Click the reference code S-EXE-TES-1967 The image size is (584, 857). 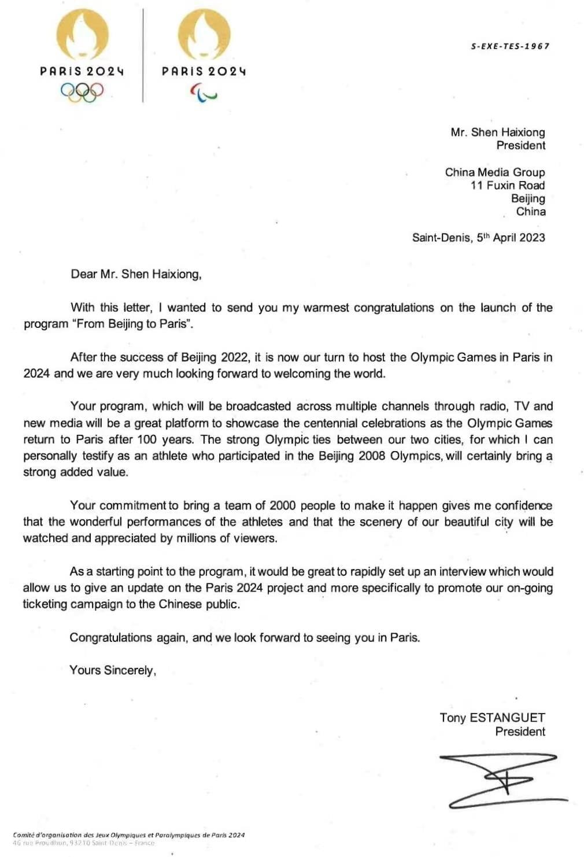(510, 46)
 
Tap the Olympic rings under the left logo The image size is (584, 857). (82, 91)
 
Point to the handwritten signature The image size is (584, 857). (501, 780)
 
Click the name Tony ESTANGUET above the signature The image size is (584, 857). (492, 718)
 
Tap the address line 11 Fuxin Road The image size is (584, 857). (507, 185)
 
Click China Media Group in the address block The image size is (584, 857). (495, 172)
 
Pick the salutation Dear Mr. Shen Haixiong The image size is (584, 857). (136, 274)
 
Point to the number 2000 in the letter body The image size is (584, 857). (283, 505)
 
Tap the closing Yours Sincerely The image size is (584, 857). (113, 670)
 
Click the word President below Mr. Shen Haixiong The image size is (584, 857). (520, 145)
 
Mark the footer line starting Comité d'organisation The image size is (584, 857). (128, 834)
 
